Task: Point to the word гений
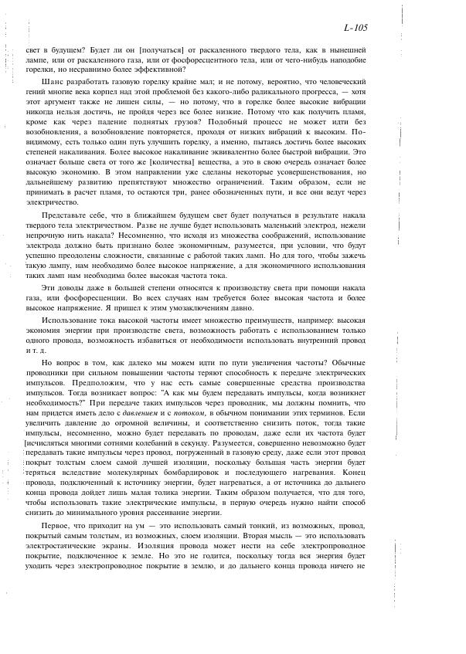tap(37, 92)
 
